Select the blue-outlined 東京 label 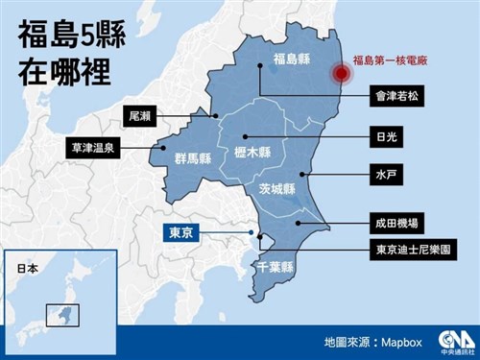[178, 231]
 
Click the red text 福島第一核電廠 [391, 62]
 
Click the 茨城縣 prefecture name [276, 190]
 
